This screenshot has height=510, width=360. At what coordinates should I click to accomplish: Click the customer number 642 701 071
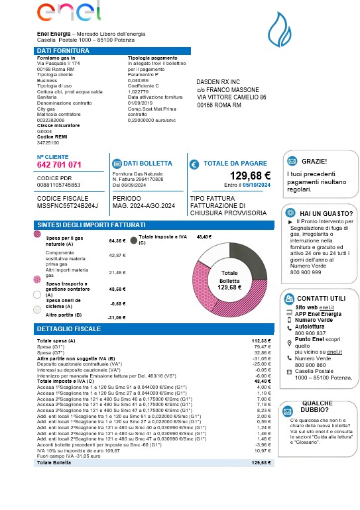point(60,165)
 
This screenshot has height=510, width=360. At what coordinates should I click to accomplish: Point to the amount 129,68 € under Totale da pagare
point(250,176)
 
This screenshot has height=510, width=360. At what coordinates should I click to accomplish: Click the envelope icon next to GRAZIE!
point(291,161)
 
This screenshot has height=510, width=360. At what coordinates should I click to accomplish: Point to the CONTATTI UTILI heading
point(322,298)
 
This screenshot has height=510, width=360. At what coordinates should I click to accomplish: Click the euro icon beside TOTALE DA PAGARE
point(194,164)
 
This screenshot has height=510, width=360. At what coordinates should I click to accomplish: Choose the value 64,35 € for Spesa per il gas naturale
point(117,241)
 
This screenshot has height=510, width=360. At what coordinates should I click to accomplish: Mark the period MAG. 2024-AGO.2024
point(144,207)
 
